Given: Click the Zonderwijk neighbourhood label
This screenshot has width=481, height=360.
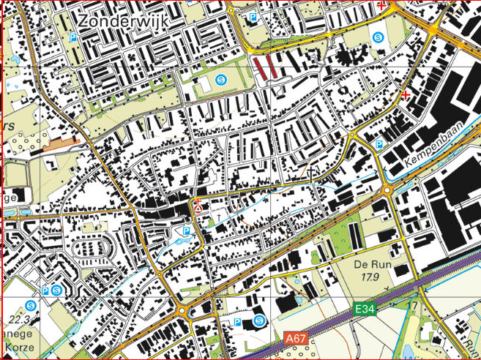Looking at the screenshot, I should click(x=123, y=21).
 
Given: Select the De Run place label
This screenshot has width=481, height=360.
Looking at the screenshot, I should click(x=370, y=264).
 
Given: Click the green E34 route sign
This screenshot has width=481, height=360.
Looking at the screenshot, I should click(x=365, y=310).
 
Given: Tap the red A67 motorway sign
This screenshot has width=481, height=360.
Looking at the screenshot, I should click(x=295, y=338).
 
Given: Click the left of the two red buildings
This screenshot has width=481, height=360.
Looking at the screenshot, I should click(x=260, y=68).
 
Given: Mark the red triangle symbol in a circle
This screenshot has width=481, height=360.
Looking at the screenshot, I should click(x=198, y=209).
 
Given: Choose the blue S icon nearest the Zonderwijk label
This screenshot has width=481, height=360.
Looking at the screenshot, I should click(x=223, y=79).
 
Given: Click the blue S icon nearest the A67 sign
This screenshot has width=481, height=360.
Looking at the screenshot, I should click(x=260, y=320).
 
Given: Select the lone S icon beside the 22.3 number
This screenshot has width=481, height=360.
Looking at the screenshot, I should click(x=30, y=304).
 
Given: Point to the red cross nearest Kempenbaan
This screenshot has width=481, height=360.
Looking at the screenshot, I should click(x=406, y=94).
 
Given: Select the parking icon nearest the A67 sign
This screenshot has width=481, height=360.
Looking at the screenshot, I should click(x=237, y=322).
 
